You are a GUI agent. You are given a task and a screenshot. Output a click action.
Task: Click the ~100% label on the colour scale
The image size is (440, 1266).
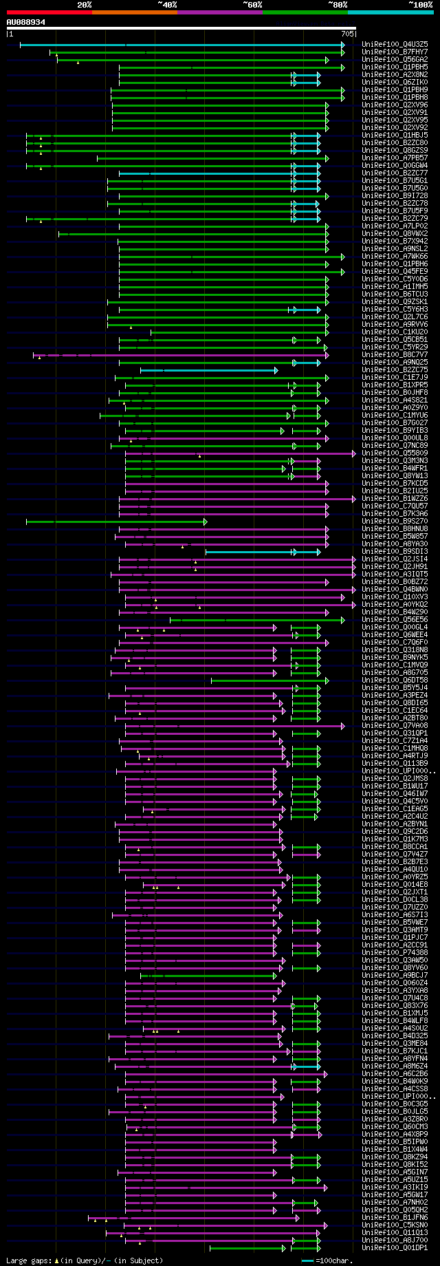[420, 4]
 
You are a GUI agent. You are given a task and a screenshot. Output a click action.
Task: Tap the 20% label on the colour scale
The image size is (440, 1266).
[84, 4]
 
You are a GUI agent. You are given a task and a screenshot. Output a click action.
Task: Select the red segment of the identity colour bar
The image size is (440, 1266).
[49, 12]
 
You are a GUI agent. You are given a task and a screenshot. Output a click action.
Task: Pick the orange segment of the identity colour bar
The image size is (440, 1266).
[134, 12]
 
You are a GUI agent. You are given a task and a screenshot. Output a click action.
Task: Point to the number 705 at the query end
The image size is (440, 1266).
[347, 33]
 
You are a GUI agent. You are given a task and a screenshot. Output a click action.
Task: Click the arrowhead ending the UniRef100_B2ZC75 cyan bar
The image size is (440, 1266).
[276, 370]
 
